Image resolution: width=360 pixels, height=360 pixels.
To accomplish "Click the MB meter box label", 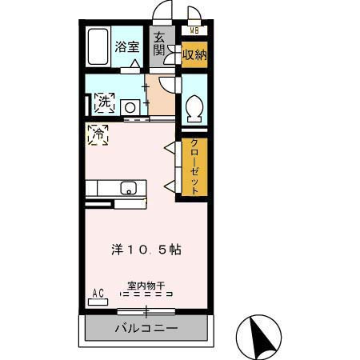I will (194, 31).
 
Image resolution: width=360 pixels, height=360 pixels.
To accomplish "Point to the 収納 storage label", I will (194, 54).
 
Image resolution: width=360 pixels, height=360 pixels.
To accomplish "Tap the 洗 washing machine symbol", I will (102, 103).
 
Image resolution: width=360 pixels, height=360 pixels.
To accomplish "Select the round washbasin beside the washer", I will (130, 106).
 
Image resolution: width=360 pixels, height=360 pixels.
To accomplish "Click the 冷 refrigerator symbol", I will (98, 134).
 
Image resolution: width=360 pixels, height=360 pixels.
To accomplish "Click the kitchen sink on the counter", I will (129, 189).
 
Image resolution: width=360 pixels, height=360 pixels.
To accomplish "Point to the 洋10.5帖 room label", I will (146, 249).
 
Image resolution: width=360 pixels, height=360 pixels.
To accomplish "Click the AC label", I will (99, 293).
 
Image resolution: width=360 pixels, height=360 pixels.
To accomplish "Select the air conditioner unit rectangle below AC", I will (98, 302).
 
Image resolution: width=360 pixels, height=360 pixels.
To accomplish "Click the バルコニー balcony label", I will (146, 328).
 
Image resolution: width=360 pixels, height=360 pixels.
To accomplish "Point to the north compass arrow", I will (262, 337).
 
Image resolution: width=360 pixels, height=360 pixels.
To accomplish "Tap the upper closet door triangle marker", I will (169, 148).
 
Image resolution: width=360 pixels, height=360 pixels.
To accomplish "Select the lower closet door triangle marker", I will (169, 186).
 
